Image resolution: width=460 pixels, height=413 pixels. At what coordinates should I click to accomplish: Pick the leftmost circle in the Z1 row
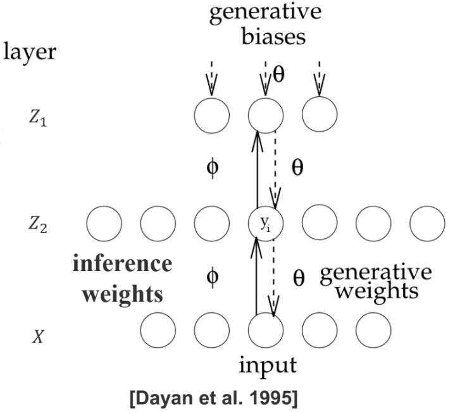(211, 115)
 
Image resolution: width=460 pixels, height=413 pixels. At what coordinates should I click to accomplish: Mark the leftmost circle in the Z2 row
(103, 223)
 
